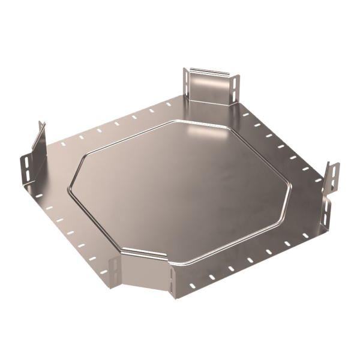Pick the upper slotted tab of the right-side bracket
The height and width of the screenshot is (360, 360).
(x=332, y=175)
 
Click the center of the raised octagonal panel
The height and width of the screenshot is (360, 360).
(x=180, y=186)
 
